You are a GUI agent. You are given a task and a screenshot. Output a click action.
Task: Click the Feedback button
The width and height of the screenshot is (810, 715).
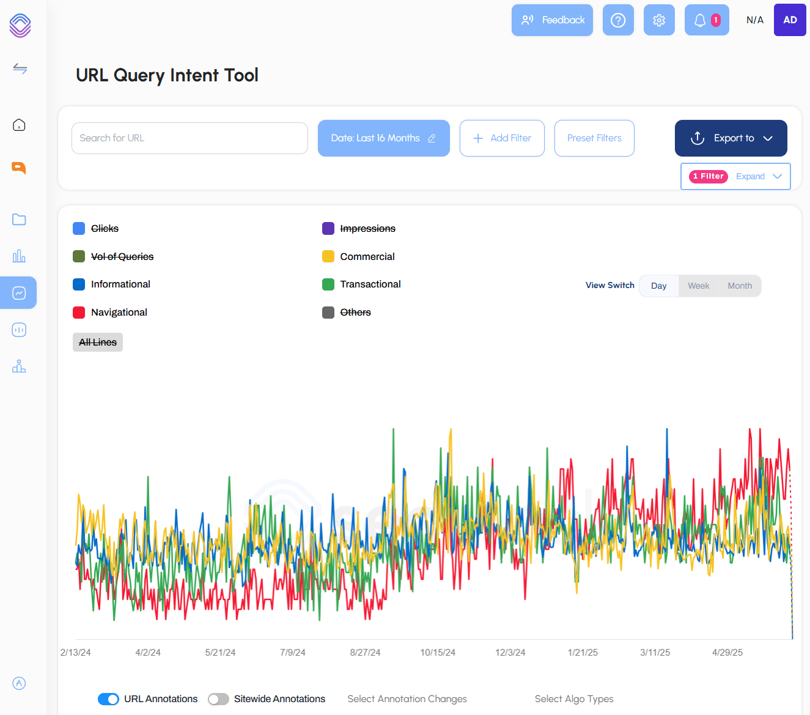coord(552,20)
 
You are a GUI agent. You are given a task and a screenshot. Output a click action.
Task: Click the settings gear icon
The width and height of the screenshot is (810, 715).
coord(659,20)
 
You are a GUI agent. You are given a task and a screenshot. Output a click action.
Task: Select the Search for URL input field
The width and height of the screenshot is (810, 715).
coord(190,138)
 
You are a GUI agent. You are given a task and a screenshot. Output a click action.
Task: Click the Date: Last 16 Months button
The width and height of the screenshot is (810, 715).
coord(383,138)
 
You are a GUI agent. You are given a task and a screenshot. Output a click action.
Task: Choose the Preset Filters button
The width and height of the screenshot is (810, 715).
coord(594,138)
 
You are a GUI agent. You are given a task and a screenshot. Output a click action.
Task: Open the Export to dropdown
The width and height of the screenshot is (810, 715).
coord(731,138)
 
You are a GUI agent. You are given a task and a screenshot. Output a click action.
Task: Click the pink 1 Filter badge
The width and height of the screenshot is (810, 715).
coord(708,176)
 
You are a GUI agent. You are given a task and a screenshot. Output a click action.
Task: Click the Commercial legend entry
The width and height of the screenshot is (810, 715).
coord(367,256)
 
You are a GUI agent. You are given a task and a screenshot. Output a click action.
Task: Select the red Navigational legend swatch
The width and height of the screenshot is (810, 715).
coord(79,313)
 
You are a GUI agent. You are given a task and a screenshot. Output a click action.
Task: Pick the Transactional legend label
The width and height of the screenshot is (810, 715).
coord(370,284)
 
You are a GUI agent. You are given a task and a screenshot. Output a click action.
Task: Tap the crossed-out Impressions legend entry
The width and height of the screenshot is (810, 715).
coord(367,229)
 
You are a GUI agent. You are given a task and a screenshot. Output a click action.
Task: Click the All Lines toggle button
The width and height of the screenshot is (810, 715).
coord(98,343)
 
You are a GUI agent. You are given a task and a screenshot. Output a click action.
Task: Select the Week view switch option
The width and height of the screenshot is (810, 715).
coord(698,286)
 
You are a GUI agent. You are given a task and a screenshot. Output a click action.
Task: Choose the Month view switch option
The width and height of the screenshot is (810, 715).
coord(740,286)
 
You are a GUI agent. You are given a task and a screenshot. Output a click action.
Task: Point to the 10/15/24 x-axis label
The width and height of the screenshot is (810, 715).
coord(438,653)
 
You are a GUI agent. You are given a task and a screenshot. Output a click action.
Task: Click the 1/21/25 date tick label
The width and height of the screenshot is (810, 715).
coord(583,653)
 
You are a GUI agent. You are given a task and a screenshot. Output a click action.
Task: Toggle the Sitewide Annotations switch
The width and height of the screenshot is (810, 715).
coord(218,699)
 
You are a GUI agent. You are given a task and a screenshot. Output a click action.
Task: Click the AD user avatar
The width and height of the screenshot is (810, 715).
coord(790,20)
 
